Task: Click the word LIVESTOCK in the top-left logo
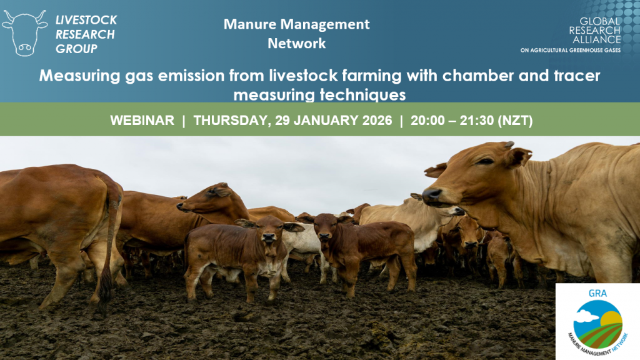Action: [x=86, y=20]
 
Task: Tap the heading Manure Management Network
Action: [x=297, y=34]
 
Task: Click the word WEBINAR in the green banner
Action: [x=142, y=121]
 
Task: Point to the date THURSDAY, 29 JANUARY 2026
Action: [x=292, y=121]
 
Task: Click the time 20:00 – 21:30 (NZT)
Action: [x=471, y=121]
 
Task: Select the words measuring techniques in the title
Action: [x=319, y=95]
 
